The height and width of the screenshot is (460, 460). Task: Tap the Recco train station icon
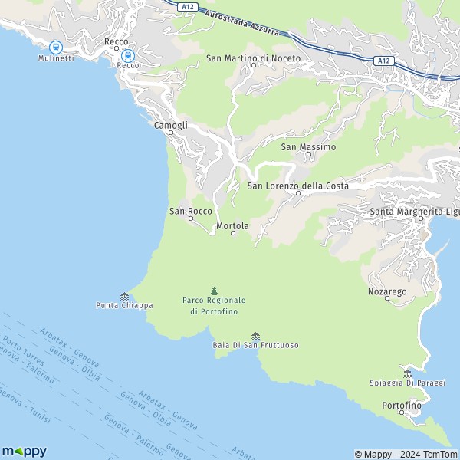coord(127,55)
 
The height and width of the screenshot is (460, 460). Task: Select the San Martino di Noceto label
coord(253,58)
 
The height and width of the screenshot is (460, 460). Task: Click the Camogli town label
coord(170,125)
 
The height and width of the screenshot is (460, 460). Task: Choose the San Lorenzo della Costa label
coord(298,186)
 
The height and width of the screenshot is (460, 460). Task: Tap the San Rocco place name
coord(190,211)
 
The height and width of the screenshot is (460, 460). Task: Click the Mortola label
coord(233,226)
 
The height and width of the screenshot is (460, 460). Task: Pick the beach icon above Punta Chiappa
coord(124,295)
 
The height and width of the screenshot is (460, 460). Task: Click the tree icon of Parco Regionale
coord(214,291)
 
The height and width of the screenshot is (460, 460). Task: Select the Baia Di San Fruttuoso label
coord(255,346)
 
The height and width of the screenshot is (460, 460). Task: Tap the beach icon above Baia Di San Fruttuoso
coord(255,336)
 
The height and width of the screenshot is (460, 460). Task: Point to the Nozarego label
coord(387,292)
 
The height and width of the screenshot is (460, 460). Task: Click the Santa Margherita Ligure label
coord(414,211)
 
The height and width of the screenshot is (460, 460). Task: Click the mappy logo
coord(25,451)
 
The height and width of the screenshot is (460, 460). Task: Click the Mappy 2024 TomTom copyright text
coord(406,454)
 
